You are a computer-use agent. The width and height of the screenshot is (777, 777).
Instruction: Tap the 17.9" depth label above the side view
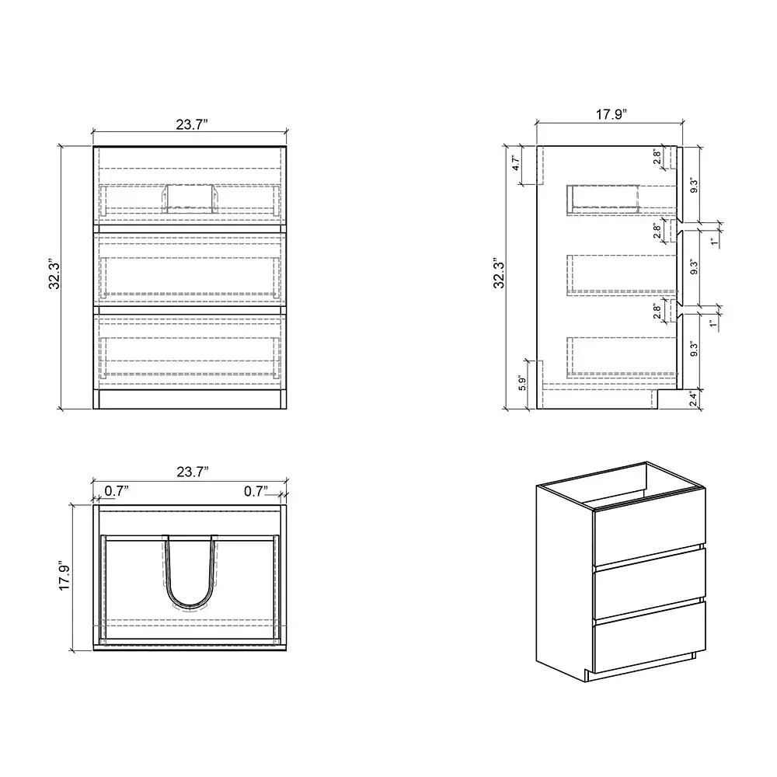[x=611, y=113]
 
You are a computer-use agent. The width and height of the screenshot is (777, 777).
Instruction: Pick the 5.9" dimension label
[x=522, y=384]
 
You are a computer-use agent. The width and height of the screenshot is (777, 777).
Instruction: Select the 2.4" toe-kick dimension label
[x=694, y=399]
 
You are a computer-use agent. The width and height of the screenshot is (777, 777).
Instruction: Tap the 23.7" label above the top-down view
[x=191, y=471]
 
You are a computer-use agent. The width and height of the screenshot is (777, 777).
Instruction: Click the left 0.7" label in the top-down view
[x=117, y=490]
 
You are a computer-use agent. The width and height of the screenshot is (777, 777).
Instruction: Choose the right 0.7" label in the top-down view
[x=256, y=490]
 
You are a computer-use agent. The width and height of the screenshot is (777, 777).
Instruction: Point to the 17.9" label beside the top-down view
[x=65, y=577]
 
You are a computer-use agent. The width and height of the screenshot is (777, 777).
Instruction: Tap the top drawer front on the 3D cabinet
[x=649, y=535]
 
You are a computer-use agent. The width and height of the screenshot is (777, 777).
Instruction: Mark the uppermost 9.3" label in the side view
[x=694, y=186]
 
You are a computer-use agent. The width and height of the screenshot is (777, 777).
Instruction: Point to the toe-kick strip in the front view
[x=190, y=400]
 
